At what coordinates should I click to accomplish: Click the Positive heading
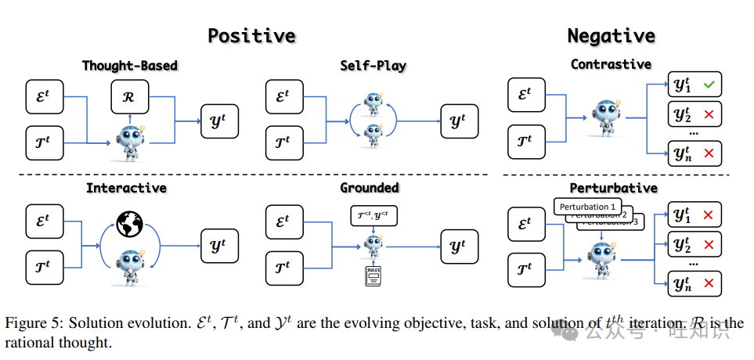pos(251,35)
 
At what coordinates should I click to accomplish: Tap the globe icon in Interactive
pos(131,225)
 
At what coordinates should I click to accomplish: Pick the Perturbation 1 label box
pos(586,207)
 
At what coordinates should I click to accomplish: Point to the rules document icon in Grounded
pos(373,275)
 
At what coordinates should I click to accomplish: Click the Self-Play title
pos(373,65)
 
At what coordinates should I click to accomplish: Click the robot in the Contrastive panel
pos(601,117)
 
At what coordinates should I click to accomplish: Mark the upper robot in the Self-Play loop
pos(373,104)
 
